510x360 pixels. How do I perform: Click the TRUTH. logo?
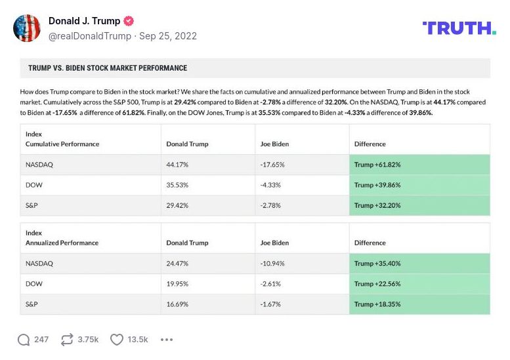pyautogui.click(x=459, y=28)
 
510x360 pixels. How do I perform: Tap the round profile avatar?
pyautogui.click(x=27, y=28)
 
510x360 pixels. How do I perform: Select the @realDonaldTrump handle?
pyautogui.click(x=89, y=36)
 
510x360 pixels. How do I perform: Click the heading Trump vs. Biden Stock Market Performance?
pyautogui.click(x=108, y=68)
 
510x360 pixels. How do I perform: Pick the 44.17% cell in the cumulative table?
pyautogui.click(x=177, y=165)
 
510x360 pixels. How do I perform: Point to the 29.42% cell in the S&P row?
pyautogui.click(x=177, y=205)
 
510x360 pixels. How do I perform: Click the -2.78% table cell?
pyautogui.click(x=271, y=205)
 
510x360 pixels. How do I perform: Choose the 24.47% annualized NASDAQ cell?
pyautogui.click(x=177, y=264)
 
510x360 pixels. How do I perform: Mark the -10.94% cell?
pyautogui.click(x=273, y=264)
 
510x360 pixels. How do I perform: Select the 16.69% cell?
pyautogui.click(x=177, y=304)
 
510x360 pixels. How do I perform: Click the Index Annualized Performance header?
pyautogui.click(x=62, y=238)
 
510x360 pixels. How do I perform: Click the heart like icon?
pyautogui.click(x=117, y=340)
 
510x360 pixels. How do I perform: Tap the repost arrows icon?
pyautogui.click(x=66, y=340)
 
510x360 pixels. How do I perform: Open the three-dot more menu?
pyautogui.click(x=167, y=340)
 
